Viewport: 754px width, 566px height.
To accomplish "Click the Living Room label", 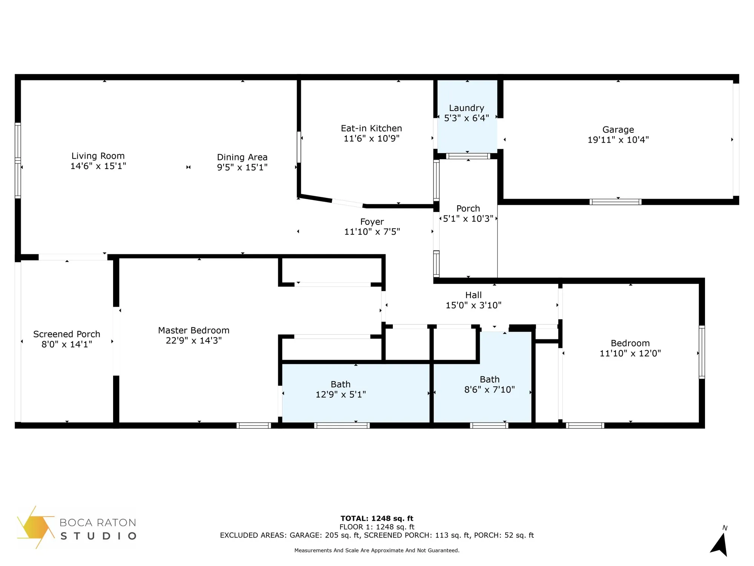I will click(x=98, y=156).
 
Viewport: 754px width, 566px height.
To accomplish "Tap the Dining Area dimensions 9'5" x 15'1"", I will click(x=242, y=167).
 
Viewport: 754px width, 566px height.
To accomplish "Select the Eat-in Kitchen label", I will click(x=371, y=128).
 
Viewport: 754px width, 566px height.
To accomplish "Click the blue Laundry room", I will click(x=467, y=132).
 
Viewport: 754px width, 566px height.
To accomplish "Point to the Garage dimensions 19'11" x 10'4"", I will click(x=618, y=140).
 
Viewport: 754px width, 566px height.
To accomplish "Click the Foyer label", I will click(x=372, y=221).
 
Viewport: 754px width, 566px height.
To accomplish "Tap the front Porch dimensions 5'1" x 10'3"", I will click(x=468, y=219).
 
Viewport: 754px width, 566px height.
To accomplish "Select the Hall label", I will click(x=473, y=295).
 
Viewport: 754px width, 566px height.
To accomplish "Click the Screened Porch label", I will click(x=67, y=334).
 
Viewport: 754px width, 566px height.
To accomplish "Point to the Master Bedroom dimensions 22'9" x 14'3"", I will click(x=194, y=340).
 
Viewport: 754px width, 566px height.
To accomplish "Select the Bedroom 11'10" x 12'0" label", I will click(x=630, y=343).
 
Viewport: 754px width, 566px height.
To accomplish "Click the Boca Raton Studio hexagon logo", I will click(x=35, y=527).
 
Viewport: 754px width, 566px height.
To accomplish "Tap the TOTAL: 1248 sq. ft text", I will click(x=377, y=518).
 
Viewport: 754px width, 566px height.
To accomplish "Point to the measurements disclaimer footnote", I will click(x=377, y=551).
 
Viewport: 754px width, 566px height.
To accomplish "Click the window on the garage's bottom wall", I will click(x=615, y=202).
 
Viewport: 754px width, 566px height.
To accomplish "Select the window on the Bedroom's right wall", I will click(x=702, y=352).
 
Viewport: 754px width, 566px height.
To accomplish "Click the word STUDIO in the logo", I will click(x=98, y=536).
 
